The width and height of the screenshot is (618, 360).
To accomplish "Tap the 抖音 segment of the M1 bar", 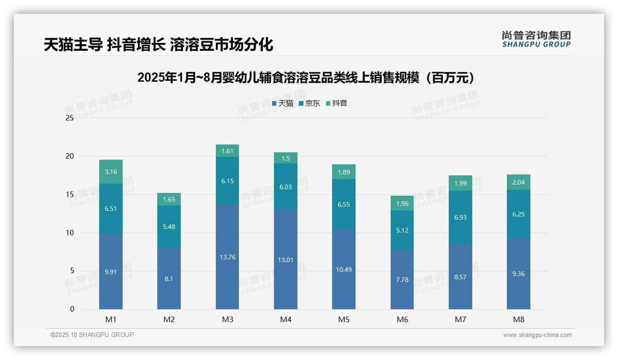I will [111, 172].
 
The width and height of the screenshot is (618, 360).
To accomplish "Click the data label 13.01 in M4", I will [285, 260].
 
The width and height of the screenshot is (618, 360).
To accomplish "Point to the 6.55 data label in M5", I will [344, 204].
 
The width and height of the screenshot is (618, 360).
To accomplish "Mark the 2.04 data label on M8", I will [518, 182].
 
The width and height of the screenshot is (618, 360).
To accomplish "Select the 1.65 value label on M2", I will [169, 199].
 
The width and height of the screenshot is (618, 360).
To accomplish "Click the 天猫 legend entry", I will [283, 103].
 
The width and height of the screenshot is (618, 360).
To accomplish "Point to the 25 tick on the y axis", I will [70, 118].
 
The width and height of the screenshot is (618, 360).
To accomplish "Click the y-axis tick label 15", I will [70, 194].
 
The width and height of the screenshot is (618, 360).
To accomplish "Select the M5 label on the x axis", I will [344, 319].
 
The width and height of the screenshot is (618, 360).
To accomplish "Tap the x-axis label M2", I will [169, 319].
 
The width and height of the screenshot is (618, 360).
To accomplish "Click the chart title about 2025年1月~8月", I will [306, 78].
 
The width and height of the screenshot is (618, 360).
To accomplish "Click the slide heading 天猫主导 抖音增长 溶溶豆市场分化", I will [159, 45].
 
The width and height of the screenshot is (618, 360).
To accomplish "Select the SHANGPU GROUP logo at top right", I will [536, 39].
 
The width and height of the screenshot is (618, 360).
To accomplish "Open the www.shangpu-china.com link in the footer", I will [537, 335].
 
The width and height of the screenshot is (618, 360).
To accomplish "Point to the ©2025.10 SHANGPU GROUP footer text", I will [92, 335].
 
